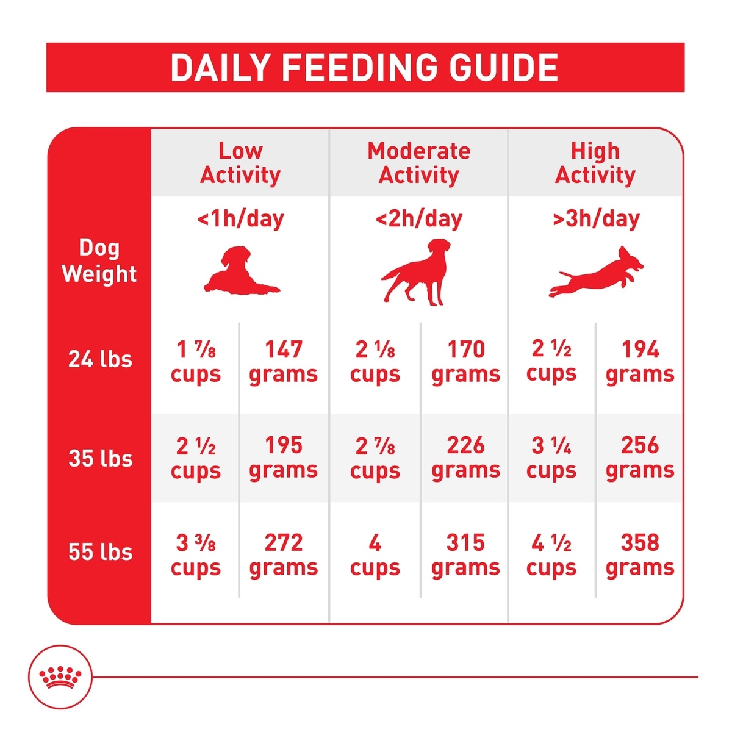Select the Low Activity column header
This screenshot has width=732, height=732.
pos(240,163)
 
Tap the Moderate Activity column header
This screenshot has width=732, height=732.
pos(419,163)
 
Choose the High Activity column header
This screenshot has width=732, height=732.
pos(595,163)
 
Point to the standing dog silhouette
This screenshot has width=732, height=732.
pos(418,272)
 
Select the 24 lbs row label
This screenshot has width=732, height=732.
pos(100,359)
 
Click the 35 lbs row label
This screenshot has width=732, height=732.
pos(100,458)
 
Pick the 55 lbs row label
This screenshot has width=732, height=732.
pos(100,552)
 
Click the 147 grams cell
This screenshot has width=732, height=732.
pos(284,361)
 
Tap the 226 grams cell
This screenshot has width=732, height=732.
pos(465,457)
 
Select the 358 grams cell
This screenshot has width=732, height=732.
pos(640,554)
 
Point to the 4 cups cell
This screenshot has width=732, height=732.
pos(375,554)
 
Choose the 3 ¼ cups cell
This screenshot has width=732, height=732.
pos(551,457)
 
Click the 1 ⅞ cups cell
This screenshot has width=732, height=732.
pos(196,361)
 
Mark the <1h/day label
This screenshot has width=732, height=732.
pos(240,219)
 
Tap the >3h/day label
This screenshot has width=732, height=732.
pos(595,219)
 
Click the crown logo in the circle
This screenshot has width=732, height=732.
pos(60,677)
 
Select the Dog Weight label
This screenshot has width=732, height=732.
pos(99,261)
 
